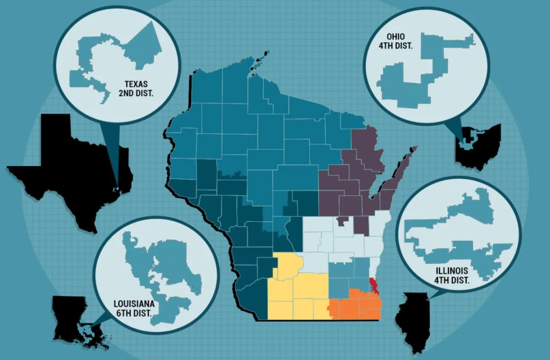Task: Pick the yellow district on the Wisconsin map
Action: pyautogui.click(x=295, y=290)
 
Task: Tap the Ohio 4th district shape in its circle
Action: pyautogui.click(x=424, y=75)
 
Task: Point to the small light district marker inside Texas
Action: pyautogui.click(x=116, y=189)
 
